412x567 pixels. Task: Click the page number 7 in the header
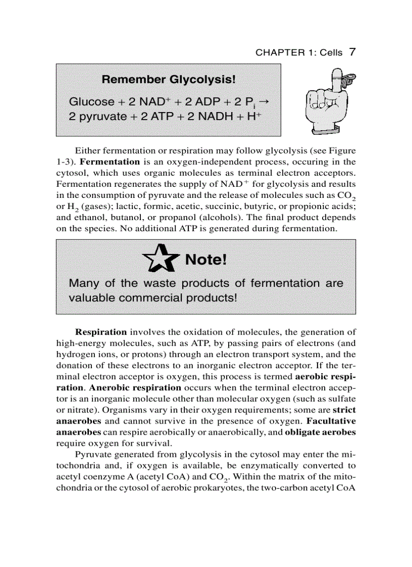[x=353, y=52]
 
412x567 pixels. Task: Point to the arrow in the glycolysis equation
[x=267, y=101]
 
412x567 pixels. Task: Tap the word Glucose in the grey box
[x=91, y=102]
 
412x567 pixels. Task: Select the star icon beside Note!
[x=162, y=259]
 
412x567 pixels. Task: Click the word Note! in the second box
[x=207, y=260]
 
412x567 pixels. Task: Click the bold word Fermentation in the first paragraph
[x=110, y=162]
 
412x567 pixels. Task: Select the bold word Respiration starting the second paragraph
[x=101, y=332]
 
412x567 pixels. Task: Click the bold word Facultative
[x=331, y=421]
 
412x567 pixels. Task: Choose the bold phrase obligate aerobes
[x=320, y=432]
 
